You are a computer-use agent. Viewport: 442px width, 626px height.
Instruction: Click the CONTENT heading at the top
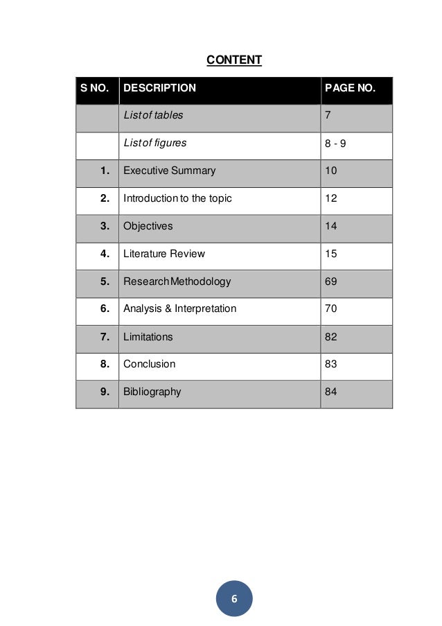234,60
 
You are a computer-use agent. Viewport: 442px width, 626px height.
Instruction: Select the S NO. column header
94,89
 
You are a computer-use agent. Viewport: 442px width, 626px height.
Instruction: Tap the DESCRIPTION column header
159,89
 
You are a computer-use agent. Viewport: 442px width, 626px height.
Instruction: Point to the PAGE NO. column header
350,89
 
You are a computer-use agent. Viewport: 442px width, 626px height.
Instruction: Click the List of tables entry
153,116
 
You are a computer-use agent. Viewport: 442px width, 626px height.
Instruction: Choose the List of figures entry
154,144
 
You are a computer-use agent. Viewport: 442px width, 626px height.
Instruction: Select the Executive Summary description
169,171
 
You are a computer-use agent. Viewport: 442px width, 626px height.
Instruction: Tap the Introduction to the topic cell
177,198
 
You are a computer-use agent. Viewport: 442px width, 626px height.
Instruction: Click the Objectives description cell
148,226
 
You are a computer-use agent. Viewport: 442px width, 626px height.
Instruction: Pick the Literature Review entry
164,254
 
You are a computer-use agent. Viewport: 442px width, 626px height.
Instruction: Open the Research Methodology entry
177,281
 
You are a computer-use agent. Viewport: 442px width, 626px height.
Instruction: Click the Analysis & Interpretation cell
179,308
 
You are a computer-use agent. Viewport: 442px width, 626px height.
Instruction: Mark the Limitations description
148,337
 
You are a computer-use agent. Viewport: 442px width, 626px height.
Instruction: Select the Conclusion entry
149,364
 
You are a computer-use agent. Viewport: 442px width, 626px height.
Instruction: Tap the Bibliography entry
152,392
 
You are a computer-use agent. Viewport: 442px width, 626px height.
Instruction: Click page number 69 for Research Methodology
331,281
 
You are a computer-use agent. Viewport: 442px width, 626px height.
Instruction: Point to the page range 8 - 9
335,144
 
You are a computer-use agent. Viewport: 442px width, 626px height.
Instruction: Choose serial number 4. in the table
105,254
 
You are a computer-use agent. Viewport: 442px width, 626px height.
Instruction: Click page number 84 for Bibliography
331,392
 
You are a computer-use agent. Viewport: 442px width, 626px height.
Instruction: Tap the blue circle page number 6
234,599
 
